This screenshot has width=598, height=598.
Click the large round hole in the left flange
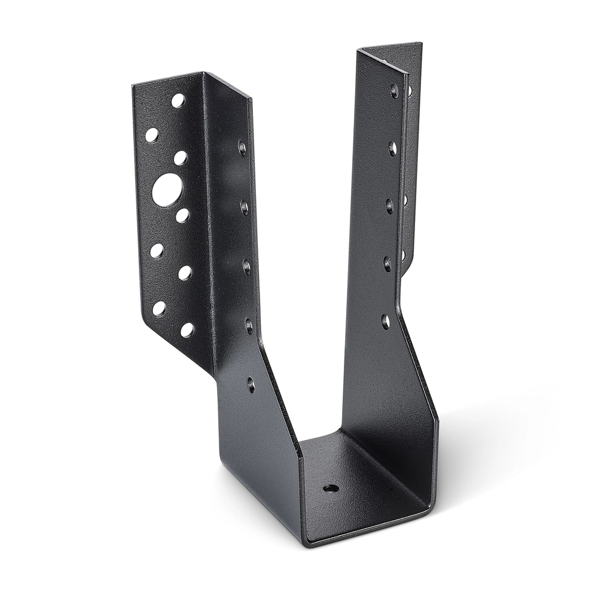pyautogui.click(x=167, y=190)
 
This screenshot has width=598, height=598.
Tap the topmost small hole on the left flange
pyautogui.click(x=178, y=100)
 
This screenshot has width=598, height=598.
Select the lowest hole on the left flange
pyautogui.click(x=187, y=329)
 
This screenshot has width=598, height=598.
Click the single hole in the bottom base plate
pyautogui.click(x=331, y=488)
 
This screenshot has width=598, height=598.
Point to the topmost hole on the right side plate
pyautogui.click(x=394, y=90)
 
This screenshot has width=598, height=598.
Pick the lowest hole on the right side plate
pyautogui.click(x=386, y=322)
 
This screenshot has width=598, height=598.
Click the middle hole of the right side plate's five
pyautogui.click(x=390, y=206)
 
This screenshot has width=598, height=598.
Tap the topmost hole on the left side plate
pyautogui.click(x=242, y=147)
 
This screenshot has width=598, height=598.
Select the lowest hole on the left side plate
pyautogui.click(x=251, y=385)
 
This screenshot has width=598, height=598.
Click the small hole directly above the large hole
pyautogui.click(x=180, y=158)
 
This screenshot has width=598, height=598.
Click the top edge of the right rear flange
pyautogui.click(x=392, y=47)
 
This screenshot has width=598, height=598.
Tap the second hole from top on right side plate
pyautogui.click(x=392, y=148)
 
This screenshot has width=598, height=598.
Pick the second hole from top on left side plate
pyautogui.click(x=244, y=207)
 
